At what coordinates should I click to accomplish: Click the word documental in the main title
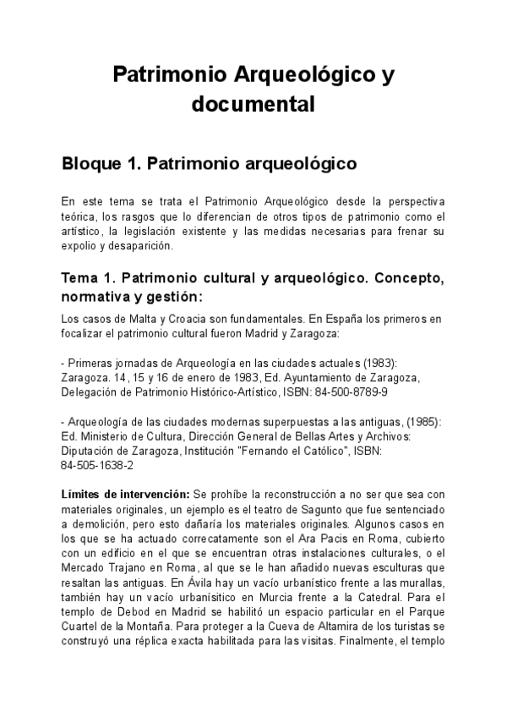[x=253, y=105]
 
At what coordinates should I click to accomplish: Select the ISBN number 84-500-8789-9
[x=352, y=392]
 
